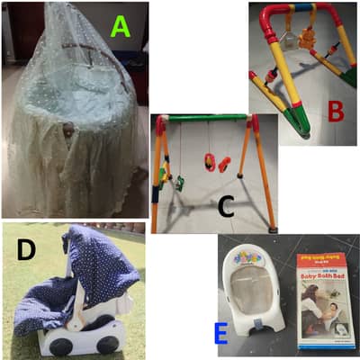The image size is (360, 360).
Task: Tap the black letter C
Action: point(226,206)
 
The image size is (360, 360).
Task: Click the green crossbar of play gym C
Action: point(206,118)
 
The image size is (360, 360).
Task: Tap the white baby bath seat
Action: point(253,287)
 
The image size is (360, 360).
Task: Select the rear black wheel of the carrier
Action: point(55,341)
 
